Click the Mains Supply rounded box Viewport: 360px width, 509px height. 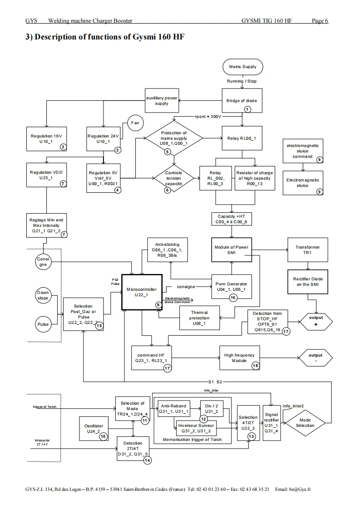pos(243,67)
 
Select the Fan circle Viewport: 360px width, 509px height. pos(135,123)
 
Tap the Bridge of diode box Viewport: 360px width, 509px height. pos(242,101)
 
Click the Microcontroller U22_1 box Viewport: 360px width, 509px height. pos(142,292)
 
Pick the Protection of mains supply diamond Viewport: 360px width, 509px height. pos(174,138)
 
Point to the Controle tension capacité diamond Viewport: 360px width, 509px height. pos(173,178)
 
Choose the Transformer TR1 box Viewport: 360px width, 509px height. pos(308,250)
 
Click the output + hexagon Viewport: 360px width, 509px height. pos(316,322)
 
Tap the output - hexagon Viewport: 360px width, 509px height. pos(316,358)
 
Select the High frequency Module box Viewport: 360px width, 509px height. pos(240,358)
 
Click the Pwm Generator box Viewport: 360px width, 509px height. pos(232,287)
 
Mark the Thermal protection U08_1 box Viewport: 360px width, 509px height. pos(199,318)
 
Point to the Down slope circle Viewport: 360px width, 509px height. pos(43,295)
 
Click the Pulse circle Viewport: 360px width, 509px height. pos(43,324)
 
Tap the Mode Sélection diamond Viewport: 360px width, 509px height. pos(305,423)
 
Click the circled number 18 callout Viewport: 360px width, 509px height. pos(256,366)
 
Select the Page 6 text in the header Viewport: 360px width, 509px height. pos(320,21)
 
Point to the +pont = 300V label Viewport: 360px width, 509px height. pos(207,117)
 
